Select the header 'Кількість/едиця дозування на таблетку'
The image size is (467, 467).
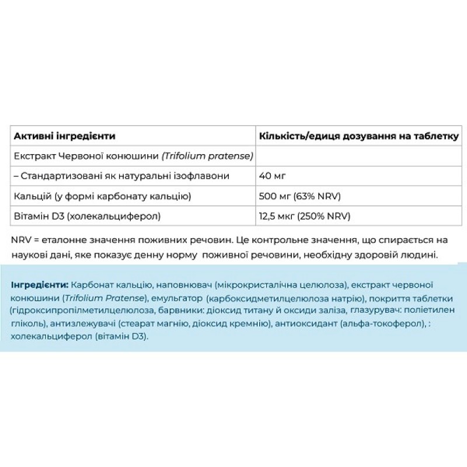click(358, 136)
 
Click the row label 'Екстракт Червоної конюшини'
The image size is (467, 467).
click(133, 156)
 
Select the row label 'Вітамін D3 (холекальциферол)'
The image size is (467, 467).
click(86, 216)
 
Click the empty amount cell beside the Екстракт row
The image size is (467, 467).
click(358, 156)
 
